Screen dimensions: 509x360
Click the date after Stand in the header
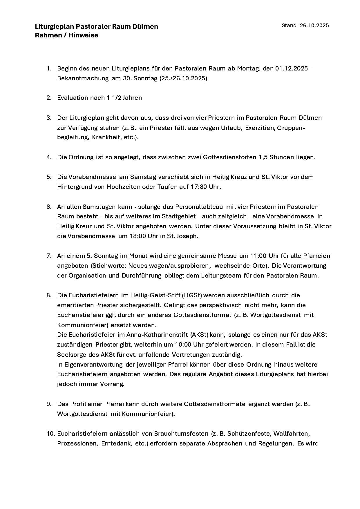tap(314, 26)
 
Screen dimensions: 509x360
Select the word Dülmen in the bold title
tap(147, 27)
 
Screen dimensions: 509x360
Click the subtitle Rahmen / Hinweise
tap(66, 35)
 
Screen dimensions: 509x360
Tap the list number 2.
tap(49, 98)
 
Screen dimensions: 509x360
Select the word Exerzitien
tap(260, 128)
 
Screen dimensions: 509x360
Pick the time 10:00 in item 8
tap(183, 345)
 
